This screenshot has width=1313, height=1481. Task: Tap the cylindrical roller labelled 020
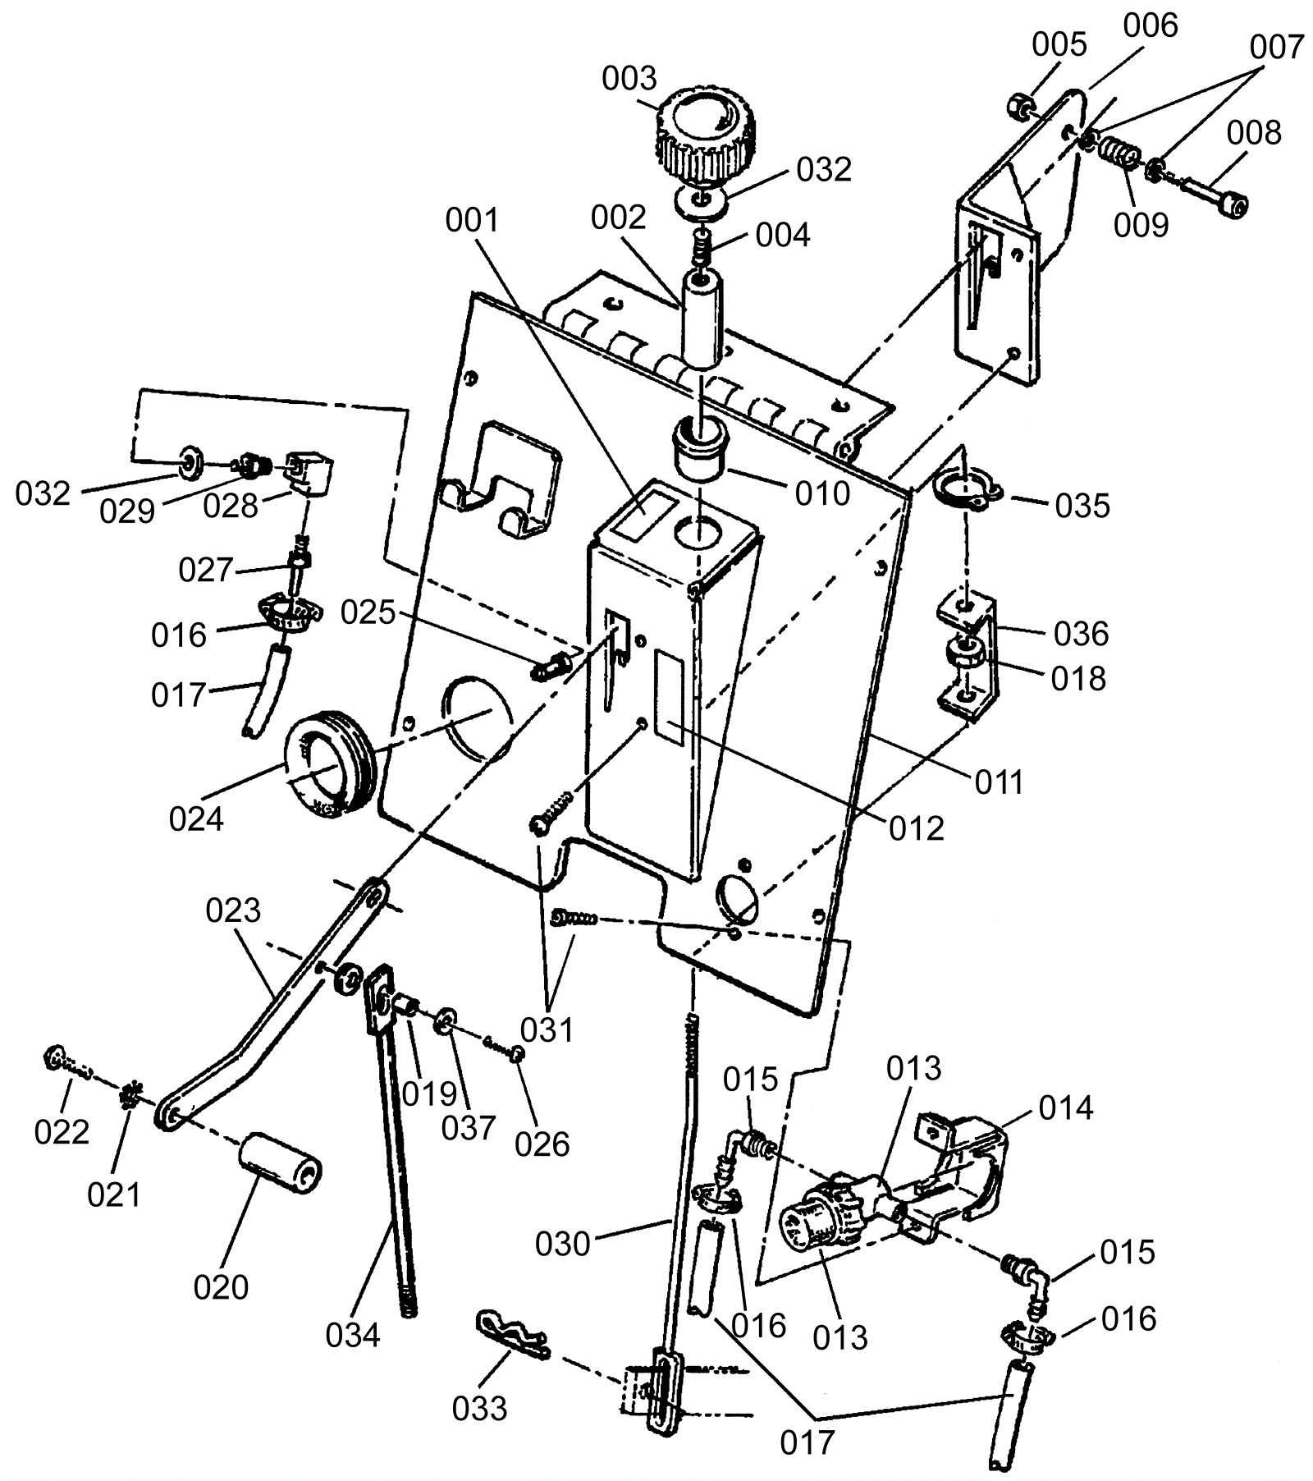click(x=280, y=1164)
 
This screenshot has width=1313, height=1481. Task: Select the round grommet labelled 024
click(x=327, y=768)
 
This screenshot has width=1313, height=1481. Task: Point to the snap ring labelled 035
click(x=968, y=493)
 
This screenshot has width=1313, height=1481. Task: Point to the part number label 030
click(x=563, y=1244)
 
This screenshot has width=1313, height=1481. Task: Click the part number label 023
click(x=233, y=910)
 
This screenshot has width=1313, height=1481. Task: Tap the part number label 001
click(x=473, y=220)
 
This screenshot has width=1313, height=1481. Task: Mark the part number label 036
click(x=1082, y=634)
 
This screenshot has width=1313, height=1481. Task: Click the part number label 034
click(x=353, y=1336)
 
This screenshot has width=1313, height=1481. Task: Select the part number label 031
click(x=547, y=1029)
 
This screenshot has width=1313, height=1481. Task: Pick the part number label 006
click(x=1151, y=25)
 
